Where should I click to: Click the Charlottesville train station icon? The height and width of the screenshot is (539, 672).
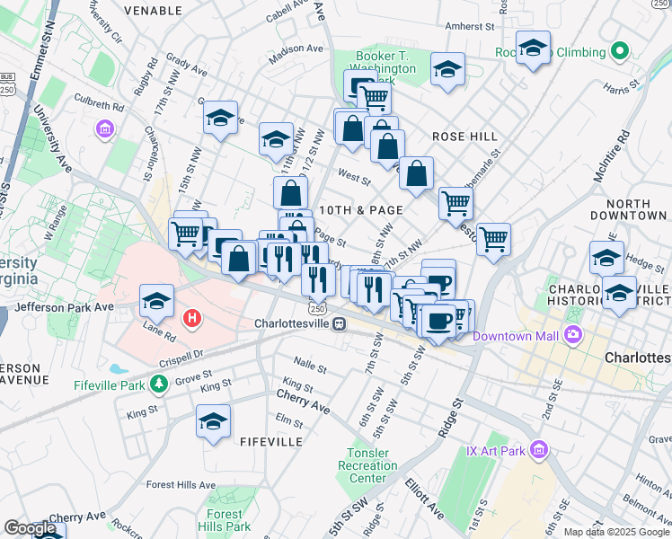coord(339,323)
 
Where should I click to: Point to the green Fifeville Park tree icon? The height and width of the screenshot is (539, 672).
coord(159,384)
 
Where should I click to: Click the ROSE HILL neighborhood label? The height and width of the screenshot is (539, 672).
coord(464,137)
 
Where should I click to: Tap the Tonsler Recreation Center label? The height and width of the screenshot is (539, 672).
coord(367,466)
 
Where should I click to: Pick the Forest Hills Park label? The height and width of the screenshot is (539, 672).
coord(225,521)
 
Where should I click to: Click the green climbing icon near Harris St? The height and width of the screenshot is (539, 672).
coord(618,51)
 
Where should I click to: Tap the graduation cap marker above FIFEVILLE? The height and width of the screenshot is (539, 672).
coord(213,422)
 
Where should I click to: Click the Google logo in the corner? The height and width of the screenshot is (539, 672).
coord(30,528)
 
